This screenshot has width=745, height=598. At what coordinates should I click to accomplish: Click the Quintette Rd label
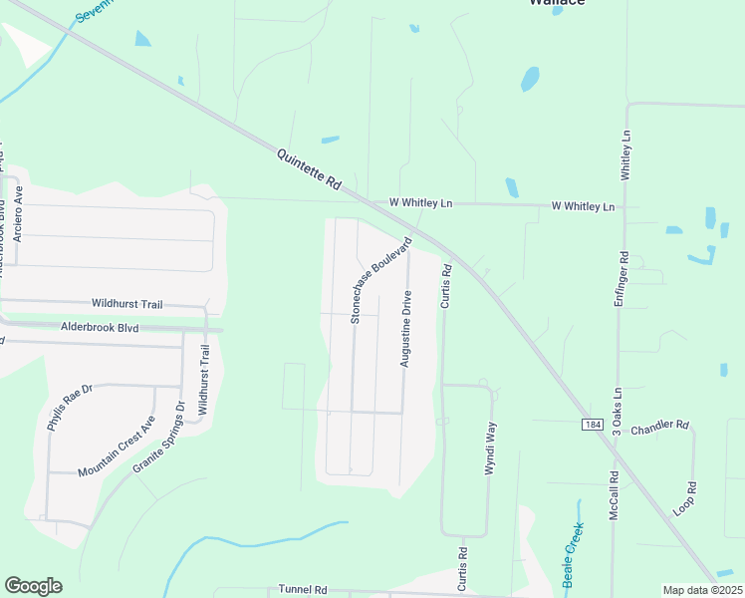pos(309,169)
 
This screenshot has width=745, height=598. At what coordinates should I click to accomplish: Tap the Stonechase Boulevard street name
pos(380,280)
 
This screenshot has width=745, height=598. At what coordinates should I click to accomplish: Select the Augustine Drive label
pos(406,330)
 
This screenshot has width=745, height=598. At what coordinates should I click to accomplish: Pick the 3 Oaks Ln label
pos(618,409)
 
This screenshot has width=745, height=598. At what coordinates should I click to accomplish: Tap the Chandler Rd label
pos(659,425)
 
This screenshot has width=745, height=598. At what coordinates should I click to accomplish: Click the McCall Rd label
pos(616,495)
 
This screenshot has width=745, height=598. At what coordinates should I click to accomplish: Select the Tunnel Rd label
pos(304,590)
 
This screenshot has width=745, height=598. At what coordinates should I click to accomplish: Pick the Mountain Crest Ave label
pos(117,446)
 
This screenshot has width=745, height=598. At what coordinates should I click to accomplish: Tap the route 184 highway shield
pos(593,425)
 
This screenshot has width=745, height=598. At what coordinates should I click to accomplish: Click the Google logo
pos(33,586)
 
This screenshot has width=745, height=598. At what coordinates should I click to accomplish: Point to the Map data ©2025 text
pos(702,590)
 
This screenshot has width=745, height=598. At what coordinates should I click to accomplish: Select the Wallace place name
pos(556,3)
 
